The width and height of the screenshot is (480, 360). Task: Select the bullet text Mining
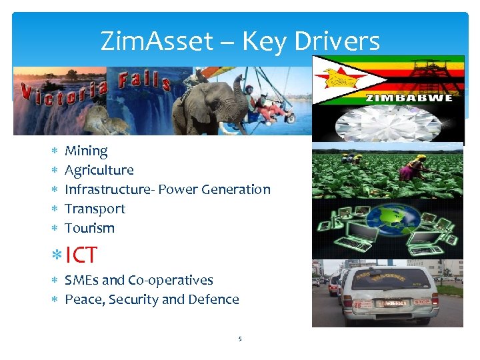pos(86,151)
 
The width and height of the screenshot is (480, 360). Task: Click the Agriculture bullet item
pos(99,171)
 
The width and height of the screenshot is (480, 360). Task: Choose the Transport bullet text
pos(95,209)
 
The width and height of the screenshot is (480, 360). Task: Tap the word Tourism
pos(89,228)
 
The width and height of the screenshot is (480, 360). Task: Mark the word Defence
pos(214,299)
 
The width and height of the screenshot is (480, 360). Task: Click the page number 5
pos(240,339)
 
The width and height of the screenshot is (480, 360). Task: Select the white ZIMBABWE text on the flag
pos(408,98)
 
